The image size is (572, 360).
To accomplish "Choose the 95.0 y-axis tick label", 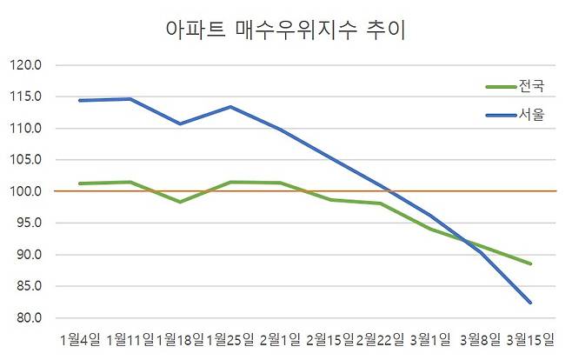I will click(32, 223).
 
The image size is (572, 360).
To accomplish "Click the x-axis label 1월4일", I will click(79, 337).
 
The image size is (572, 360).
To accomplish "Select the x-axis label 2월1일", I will click(279, 337).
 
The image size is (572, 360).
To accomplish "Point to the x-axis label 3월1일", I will click(430, 337).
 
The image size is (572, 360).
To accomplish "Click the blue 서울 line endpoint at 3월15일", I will click(530, 303).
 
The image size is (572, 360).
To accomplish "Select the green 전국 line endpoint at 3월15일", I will click(530, 263).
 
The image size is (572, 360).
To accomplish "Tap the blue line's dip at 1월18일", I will click(179, 123).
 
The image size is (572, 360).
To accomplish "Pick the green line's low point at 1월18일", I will click(179, 202).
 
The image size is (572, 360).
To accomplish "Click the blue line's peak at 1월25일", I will click(229, 107).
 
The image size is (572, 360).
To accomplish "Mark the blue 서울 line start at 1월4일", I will click(79, 100).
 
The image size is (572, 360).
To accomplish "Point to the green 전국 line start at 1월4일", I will click(79, 183).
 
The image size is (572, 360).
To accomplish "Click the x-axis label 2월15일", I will click(329, 337).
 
